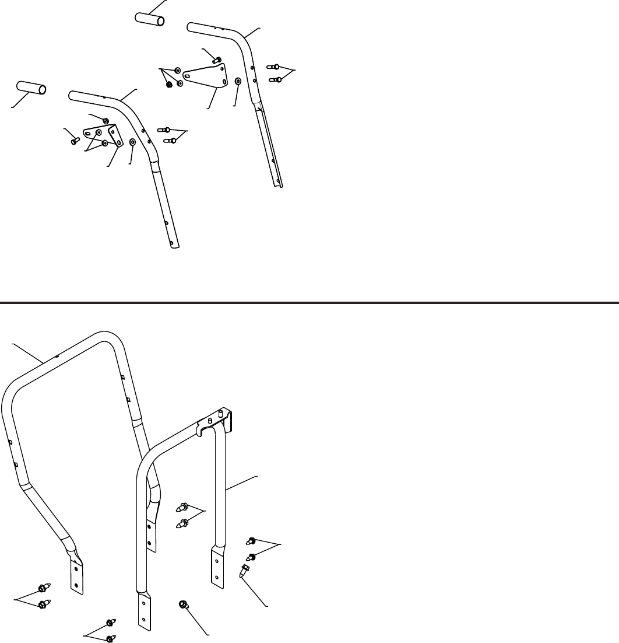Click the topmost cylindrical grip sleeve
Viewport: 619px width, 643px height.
[150, 18]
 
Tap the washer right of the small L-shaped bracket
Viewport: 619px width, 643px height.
[133, 142]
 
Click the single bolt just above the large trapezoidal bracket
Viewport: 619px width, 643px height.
[217, 59]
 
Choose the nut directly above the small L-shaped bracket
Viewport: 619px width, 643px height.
[106, 121]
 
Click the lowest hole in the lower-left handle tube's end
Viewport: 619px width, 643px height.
[171, 243]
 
